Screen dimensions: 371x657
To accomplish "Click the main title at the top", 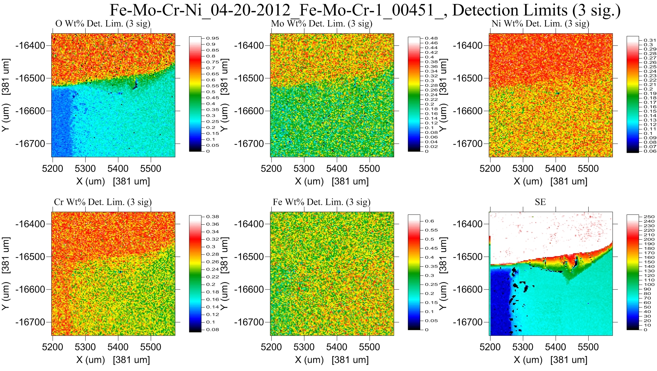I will tap(365, 10).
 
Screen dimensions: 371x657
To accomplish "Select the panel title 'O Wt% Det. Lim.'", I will tap(103, 24).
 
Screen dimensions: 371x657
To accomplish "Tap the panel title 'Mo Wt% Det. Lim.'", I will tap(321, 24).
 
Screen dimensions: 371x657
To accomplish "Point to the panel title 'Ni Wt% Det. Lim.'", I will tap(540, 24).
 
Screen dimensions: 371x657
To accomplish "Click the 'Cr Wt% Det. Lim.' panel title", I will tap(103, 202).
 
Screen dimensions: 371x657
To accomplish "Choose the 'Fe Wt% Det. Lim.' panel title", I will tap(321, 202).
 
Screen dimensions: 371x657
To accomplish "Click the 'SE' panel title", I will tap(540, 202).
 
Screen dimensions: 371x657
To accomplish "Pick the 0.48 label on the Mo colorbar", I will tap(431, 38).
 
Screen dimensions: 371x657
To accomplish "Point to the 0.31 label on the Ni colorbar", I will tap(650, 40).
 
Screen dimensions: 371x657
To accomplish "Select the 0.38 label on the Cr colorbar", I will tap(213, 217).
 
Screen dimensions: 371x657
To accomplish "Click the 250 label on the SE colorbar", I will tap(649, 217).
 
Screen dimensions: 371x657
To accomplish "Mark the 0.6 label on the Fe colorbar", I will tap(429, 221).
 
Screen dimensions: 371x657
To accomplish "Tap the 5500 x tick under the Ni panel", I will tap(588, 168).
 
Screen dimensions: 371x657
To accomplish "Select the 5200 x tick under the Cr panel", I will tap(52, 347).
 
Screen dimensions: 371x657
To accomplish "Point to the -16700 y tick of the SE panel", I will tap(468, 322).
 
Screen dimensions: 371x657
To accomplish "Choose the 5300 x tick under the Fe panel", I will tap(304, 347).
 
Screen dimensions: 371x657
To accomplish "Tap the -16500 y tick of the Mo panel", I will tap(249, 78).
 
